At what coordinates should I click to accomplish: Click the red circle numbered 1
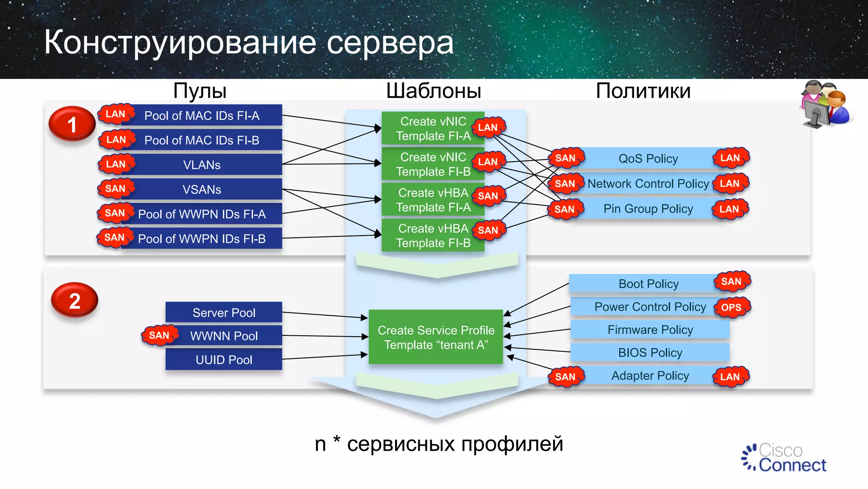[x=72, y=124]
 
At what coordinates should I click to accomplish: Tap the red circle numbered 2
[x=75, y=301]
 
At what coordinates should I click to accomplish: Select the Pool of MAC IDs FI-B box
[x=202, y=140]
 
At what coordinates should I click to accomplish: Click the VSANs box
[x=202, y=189]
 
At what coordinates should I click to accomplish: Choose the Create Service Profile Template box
[x=436, y=337]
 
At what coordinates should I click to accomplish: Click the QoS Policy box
[x=648, y=158]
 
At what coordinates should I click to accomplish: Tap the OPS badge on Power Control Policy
[x=732, y=307]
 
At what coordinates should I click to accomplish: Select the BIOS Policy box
[x=650, y=352]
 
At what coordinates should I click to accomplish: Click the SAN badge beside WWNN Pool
[x=159, y=335]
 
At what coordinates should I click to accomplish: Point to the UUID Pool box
[x=224, y=360]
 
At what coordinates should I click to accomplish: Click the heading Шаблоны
[x=434, y=91]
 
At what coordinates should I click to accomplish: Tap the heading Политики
[x=643, y=91]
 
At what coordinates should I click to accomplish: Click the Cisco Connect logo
[x=784, y=458]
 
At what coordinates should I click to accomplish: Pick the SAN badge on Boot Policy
[x=732, y=281]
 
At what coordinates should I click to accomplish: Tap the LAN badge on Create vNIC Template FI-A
[x=488, y=127]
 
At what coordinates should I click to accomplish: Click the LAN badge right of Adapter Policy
[x=730, y=377]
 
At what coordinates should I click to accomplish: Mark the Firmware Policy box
[x=650, y=330]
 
